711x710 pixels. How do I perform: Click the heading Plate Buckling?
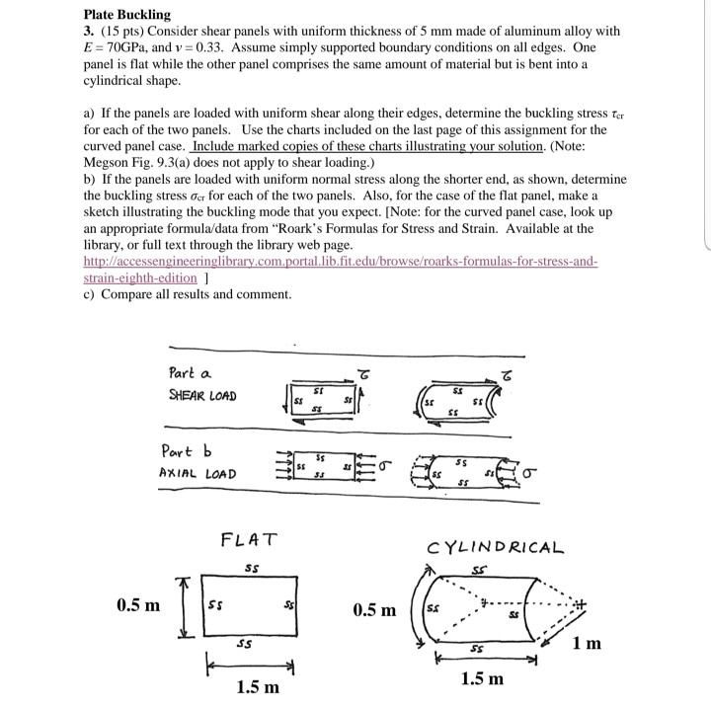(126, 15)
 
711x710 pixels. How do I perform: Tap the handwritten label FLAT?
(249, 540)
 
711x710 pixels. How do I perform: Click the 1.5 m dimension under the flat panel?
(257, 685)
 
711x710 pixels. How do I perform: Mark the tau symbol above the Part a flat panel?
(363, 372)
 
